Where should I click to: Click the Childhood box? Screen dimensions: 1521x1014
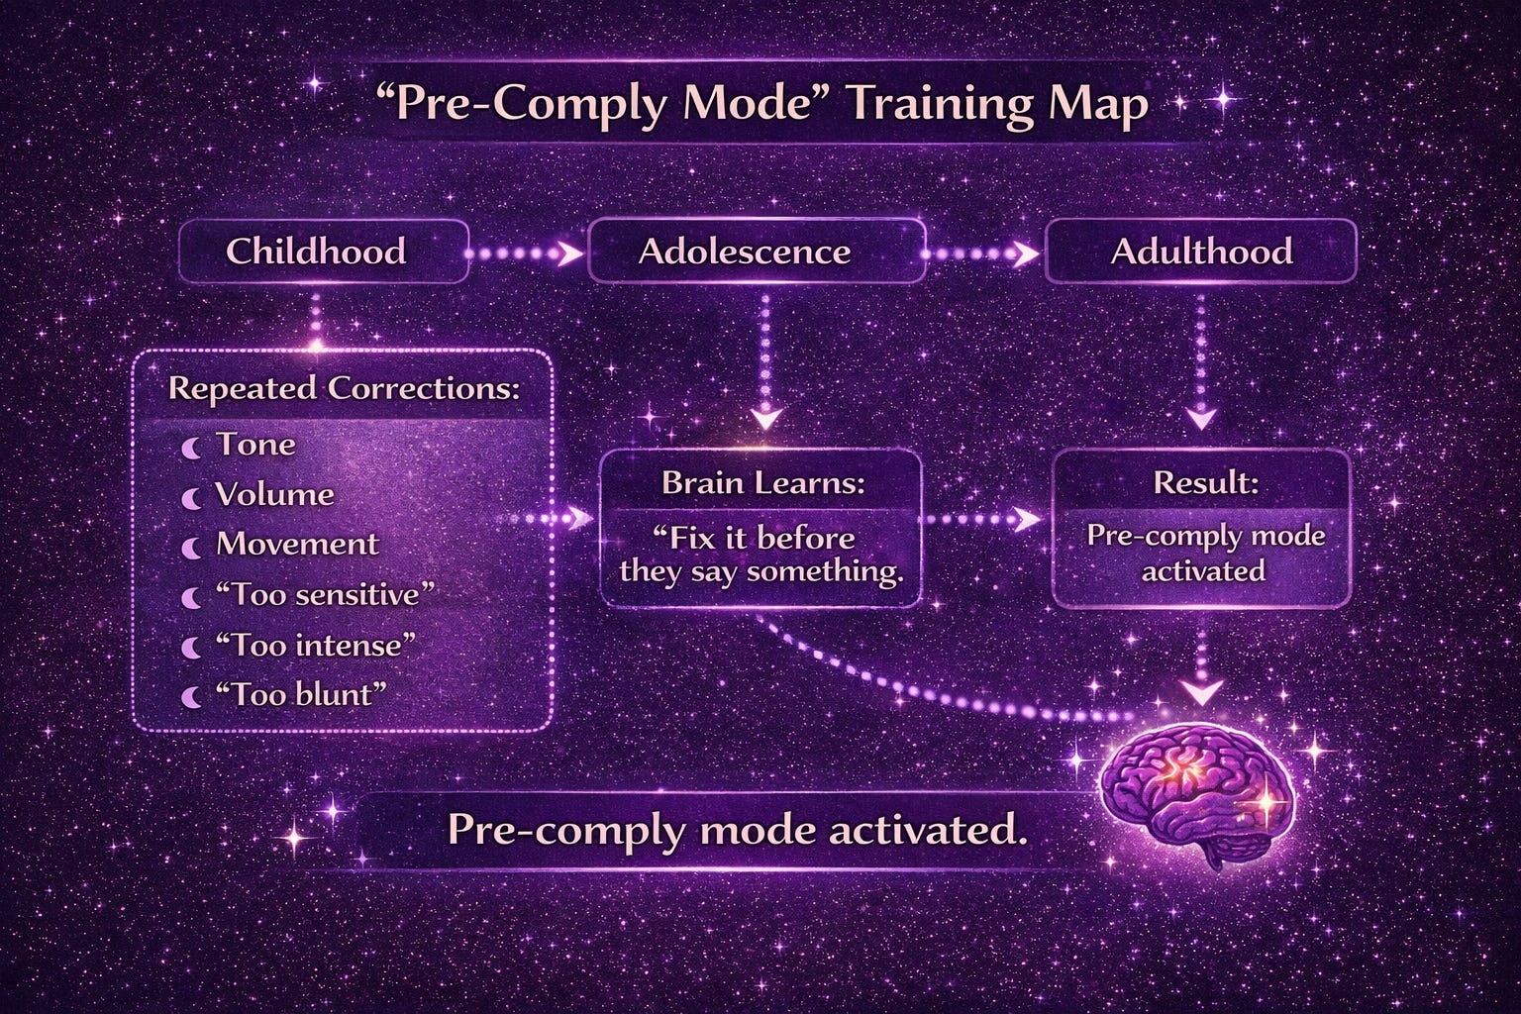(x=324, y=252)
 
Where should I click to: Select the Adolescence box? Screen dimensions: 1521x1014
(x=757, y=252)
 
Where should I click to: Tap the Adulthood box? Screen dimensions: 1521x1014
(x=1200, y=252)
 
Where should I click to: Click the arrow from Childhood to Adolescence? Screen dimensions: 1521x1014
(x=524, y=254)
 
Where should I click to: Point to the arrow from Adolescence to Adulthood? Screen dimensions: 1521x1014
(x=980, y=254)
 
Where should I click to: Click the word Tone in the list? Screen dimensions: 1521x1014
(x=256, y=445)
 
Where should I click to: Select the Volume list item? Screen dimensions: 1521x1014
(x=274, y=494)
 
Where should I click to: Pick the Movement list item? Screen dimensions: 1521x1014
(x=297, y=544)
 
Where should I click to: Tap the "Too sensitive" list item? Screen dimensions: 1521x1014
(x=325, y=595)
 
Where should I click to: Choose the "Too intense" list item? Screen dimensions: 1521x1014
(x=315, y=645)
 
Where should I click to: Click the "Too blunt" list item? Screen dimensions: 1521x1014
(x=301, y=695)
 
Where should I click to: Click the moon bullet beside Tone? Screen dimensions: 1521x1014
(x=191, y=448)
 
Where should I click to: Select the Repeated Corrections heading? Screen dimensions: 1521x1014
(x=344, y=388)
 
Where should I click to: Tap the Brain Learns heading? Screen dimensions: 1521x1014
(x=763, y=483)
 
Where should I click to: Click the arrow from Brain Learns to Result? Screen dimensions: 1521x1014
(x=982, y=520)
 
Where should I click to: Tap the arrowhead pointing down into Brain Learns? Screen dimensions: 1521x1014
(x=766, y=417)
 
